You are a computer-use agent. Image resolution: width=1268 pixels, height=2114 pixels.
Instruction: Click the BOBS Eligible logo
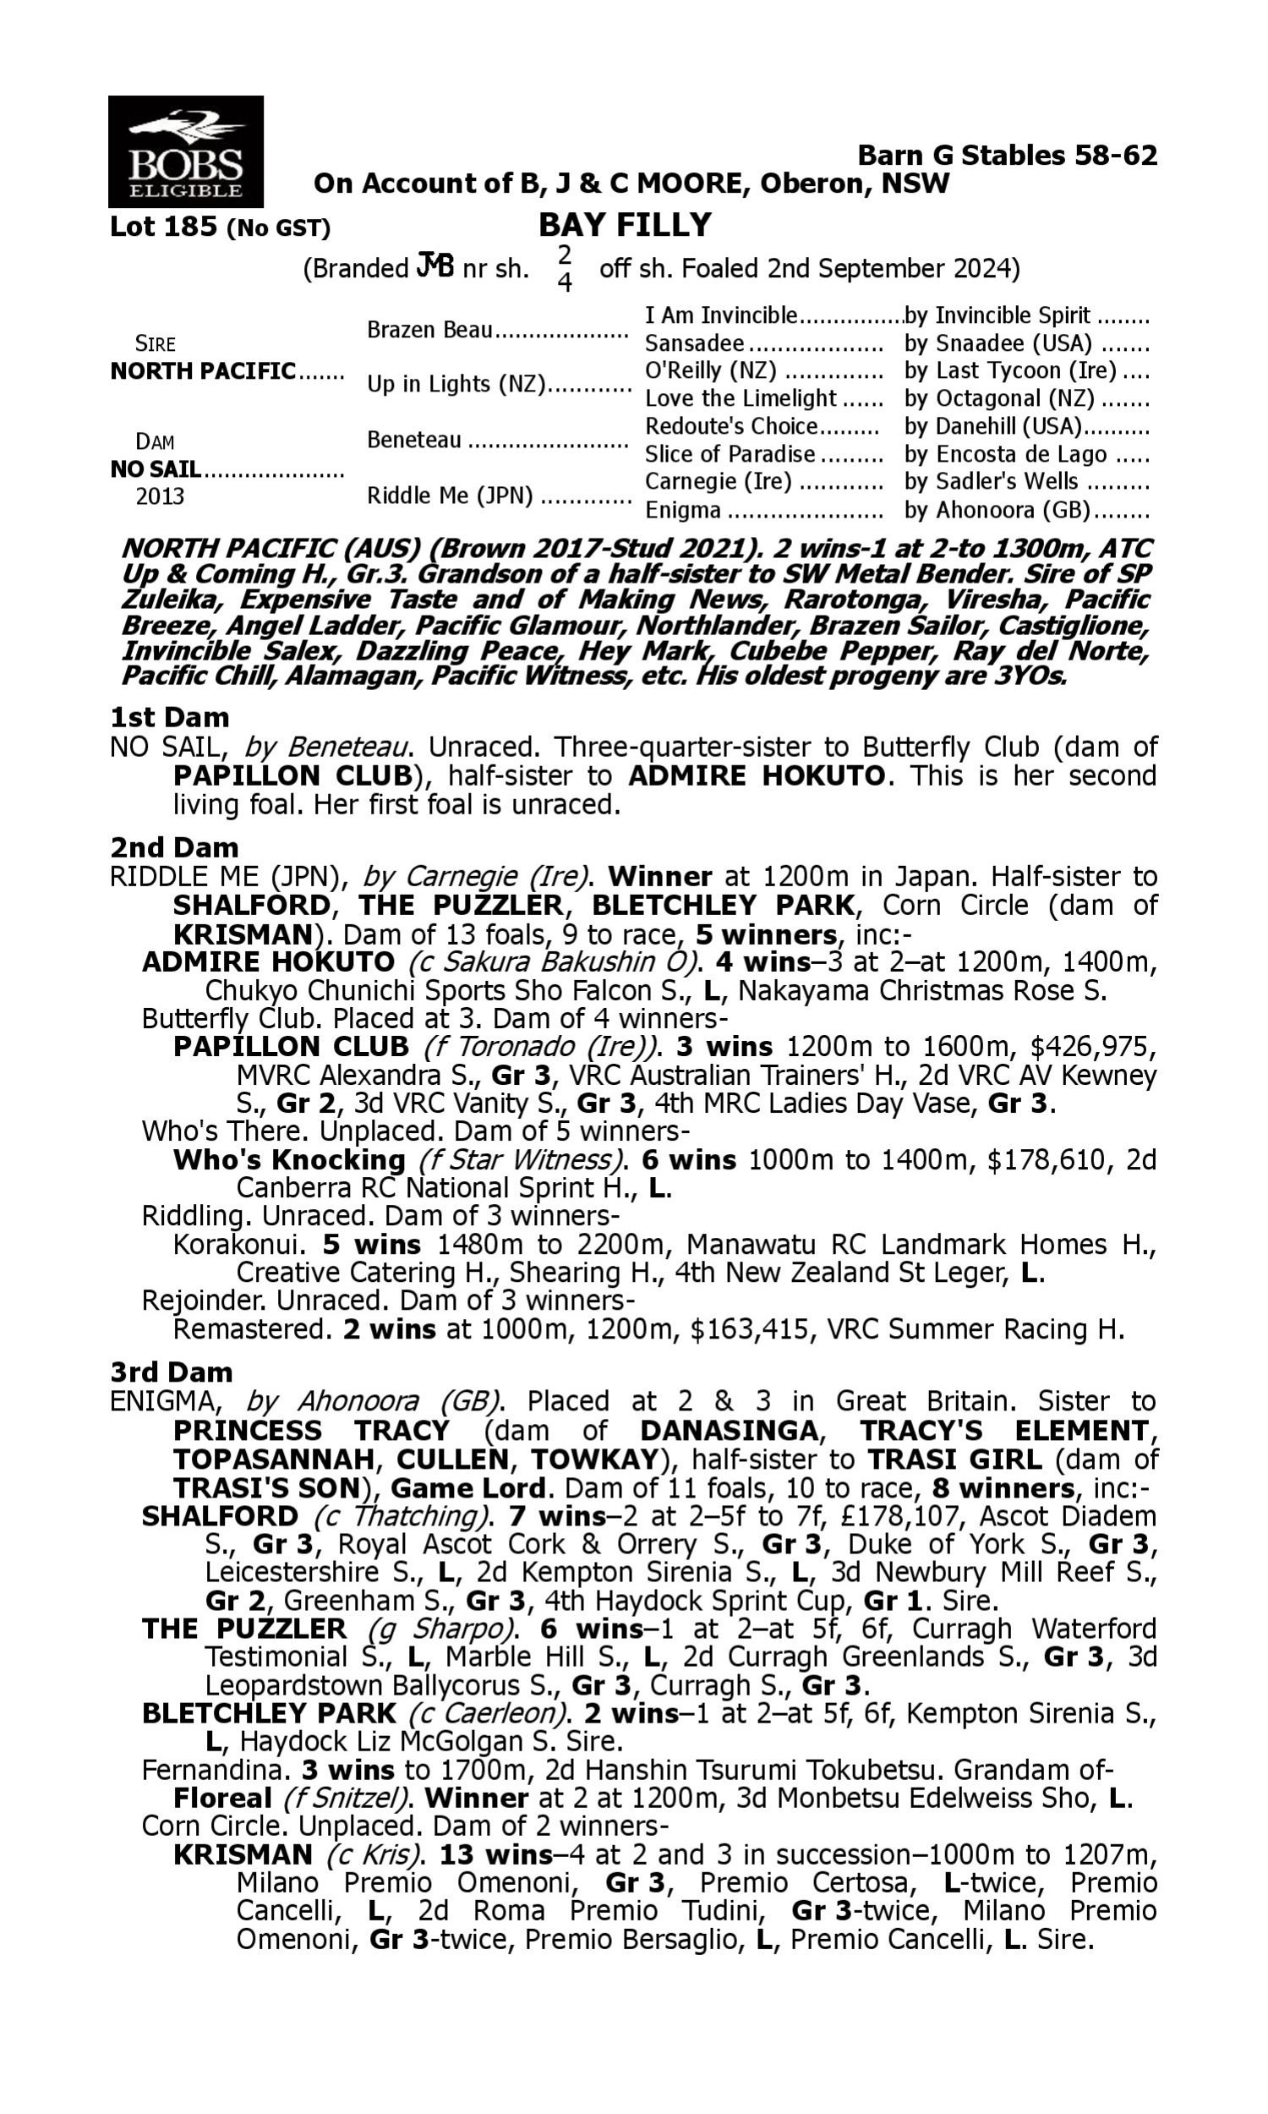185,151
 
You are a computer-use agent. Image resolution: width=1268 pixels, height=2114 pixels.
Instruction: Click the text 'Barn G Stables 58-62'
1007,156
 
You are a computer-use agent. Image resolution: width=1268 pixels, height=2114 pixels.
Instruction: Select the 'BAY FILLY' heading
625,225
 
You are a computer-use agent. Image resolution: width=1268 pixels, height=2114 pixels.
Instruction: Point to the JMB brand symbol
434,266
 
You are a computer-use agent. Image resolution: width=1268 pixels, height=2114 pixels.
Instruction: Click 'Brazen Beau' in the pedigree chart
429,330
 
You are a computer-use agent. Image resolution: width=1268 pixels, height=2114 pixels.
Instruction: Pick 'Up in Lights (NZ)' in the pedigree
456,385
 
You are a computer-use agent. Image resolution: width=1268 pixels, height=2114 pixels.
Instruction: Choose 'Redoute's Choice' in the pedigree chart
731,425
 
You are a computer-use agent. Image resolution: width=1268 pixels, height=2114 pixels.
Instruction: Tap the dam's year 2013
160,496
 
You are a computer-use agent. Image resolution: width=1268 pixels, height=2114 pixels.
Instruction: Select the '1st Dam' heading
169,717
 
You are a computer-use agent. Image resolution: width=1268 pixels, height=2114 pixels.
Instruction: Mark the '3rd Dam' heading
171,1372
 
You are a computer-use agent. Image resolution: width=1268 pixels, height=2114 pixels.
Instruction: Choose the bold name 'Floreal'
221,1798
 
